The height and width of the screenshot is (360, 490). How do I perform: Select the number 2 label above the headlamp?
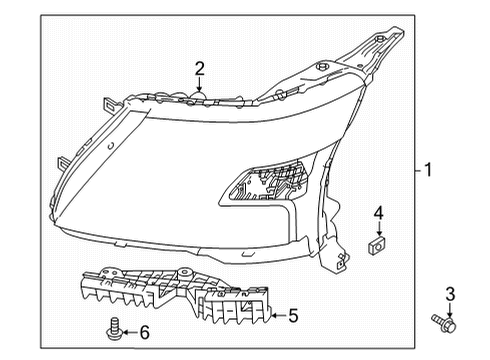click(x=200, y=68)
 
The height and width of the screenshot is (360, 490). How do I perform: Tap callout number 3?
click(x=450, y=292)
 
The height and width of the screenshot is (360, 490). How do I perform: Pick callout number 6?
click(x=144, y=331)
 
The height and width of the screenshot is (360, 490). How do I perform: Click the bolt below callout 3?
click(x=444, y=322)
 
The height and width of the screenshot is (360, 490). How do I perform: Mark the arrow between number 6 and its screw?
click(x=128, y=331)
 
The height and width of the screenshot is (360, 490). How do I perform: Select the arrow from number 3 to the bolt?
click(x=449, y=307)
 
